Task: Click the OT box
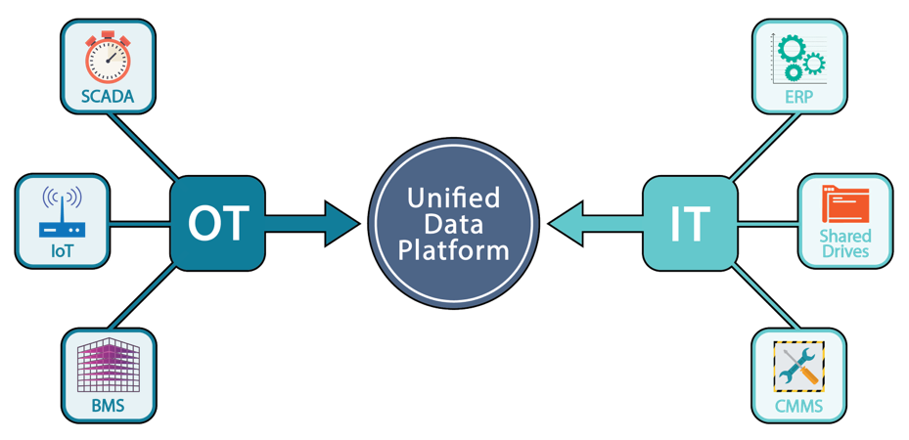(x=217, y=224)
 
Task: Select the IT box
(x=689, y=224)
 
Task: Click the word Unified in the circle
(x=453, y=199)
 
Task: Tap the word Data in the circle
(x=453, y=224)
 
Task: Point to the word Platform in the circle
(x=453, y=249)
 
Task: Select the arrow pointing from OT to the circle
(x=313, y=224)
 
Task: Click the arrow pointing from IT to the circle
(x=593, y=224)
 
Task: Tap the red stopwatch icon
(x=109, y=60)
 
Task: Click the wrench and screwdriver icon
(x=798, y=366)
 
